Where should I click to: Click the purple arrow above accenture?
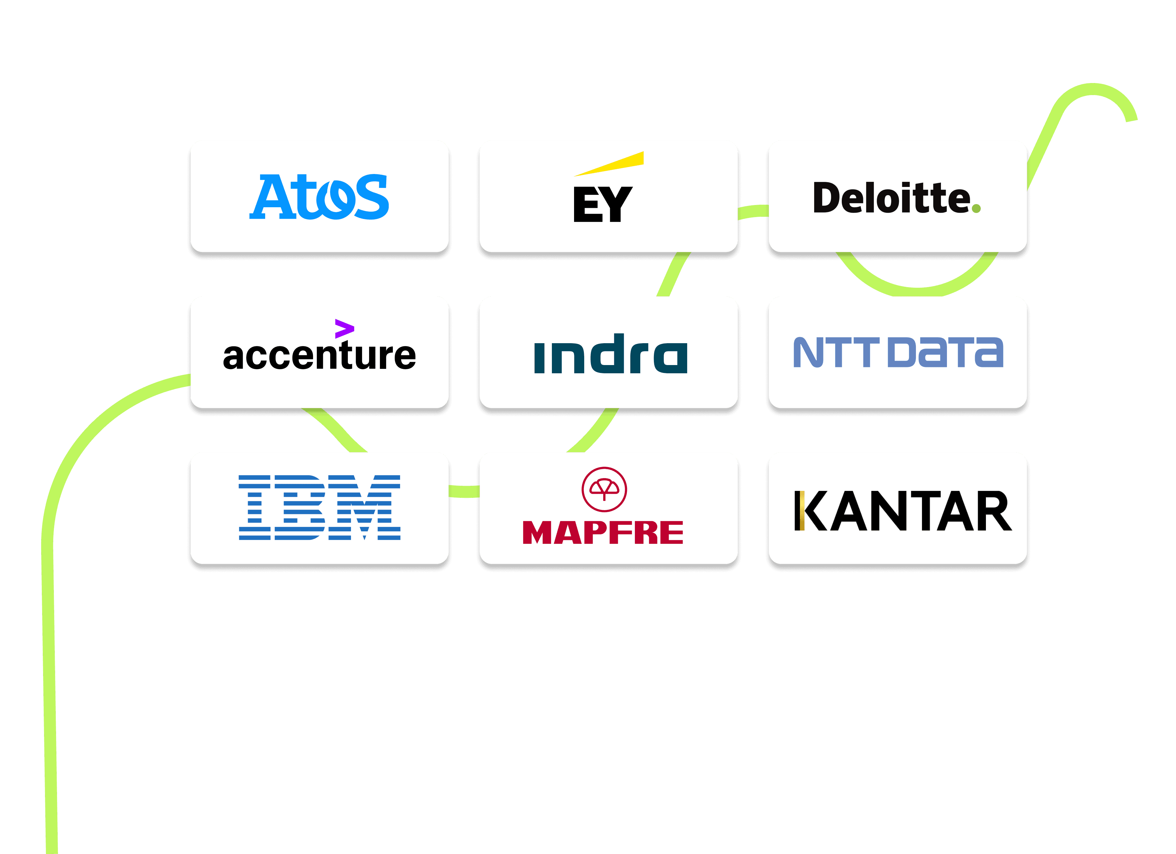click(344, 328)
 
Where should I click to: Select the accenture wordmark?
click(319, 356)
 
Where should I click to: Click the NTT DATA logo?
click(898, 353)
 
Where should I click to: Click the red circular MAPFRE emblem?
click(604, 489)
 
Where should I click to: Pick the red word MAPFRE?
click(603, 532)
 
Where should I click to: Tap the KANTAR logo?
click(902, 511)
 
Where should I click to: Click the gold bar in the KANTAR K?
click(802, 511)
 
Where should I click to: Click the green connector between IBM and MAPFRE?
click(464, 491)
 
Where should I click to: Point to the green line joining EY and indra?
click(673, 275)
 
